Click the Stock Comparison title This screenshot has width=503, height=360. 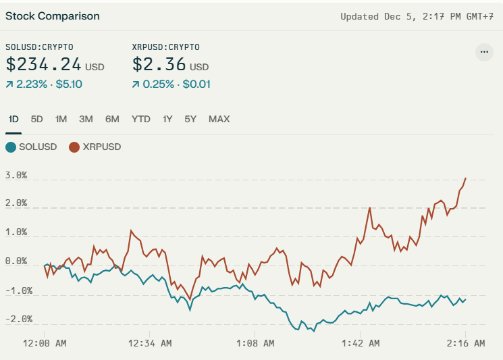[53, 16]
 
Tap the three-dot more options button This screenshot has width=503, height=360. [483, 52]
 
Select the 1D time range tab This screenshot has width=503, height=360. [14, 119]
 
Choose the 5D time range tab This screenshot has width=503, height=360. [37, 119]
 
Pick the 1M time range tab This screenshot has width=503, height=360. [61, 119]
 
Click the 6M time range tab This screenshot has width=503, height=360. [112, 119]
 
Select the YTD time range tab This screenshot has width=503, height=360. [141, 119]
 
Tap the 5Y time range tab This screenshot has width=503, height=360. [190, 119]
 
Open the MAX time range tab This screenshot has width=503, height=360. [219, 119]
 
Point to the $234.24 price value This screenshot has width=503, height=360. [44, 65]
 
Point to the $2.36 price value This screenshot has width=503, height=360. [159, 65]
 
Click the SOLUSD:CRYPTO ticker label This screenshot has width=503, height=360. [39, 47]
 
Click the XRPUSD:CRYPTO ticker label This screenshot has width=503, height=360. [166, 47]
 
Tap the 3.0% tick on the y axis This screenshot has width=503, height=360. [16, 175]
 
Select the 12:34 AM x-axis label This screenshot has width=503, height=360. [149, 343]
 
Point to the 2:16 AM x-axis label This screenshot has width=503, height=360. [466, 343]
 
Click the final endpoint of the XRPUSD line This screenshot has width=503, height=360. [466, 178]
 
